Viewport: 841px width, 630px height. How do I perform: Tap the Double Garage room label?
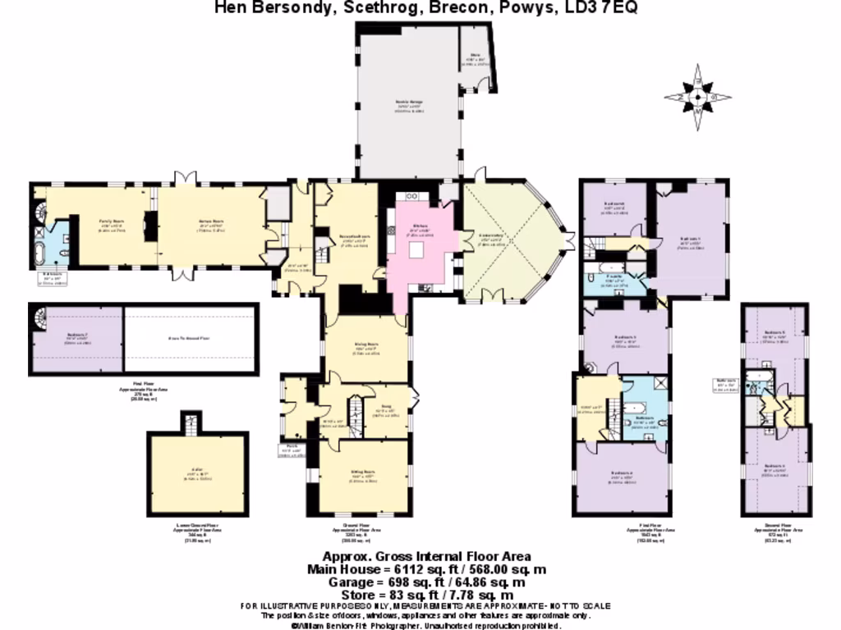click(408, 105)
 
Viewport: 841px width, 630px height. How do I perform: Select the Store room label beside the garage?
click(474, 59)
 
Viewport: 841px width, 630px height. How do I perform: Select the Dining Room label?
click(365, 346)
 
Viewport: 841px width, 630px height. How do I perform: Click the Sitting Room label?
click(363, 474)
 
